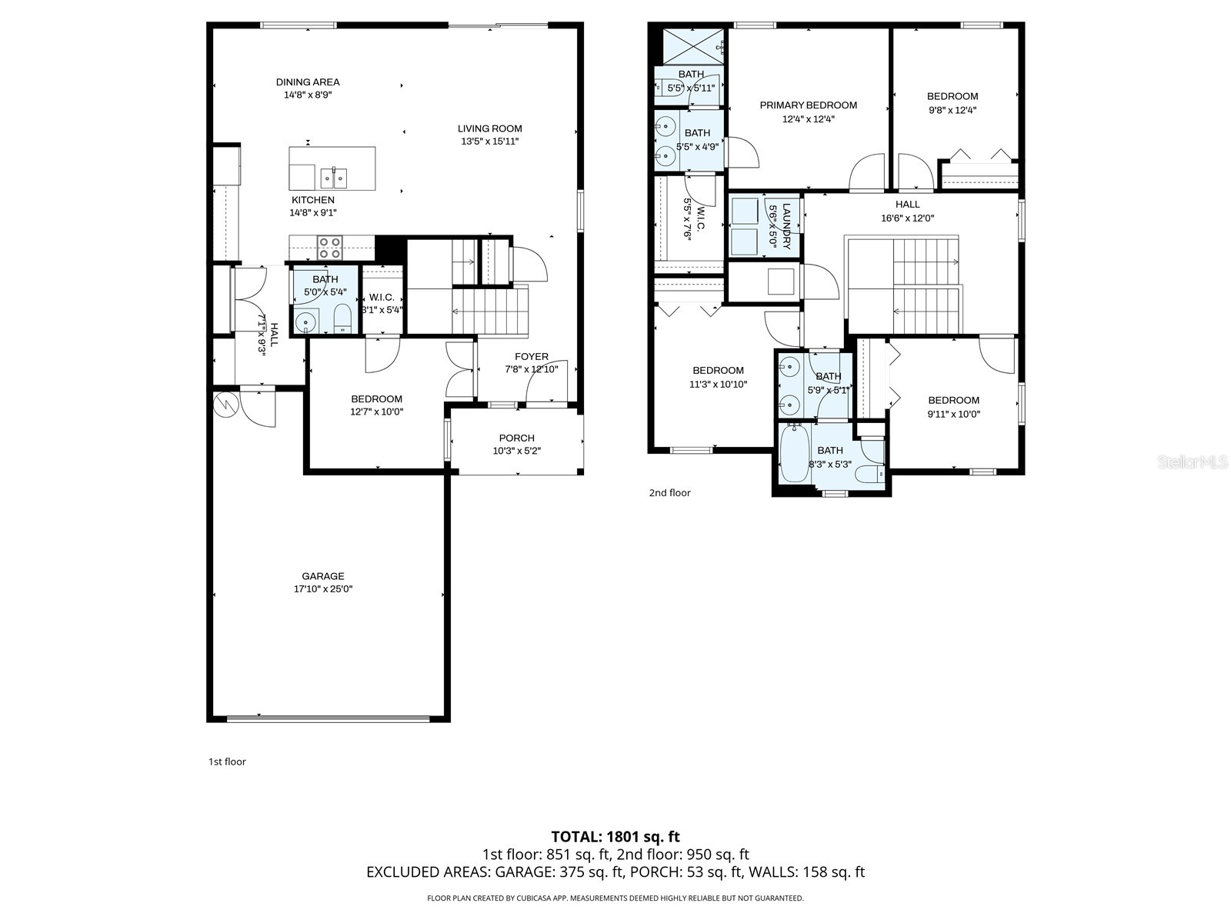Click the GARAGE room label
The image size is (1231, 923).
[322, 576]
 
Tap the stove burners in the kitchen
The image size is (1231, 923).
[330, 248]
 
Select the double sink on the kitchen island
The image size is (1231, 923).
[333, 178]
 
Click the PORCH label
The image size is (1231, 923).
[516, 438]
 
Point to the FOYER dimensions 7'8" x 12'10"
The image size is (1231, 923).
[531, 369]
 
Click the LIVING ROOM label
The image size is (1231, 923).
[489, 128]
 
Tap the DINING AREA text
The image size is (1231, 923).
[308, 82]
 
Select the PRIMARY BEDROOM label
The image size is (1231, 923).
[808, 105]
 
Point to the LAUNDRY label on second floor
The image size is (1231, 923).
[786, 226]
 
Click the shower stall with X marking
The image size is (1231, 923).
[694, 45]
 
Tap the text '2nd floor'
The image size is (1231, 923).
[669, 493]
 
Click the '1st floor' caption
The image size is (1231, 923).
[227, 761]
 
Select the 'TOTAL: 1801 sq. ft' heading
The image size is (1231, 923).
[615, 836]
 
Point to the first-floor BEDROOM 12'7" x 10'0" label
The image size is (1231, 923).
[376, 399]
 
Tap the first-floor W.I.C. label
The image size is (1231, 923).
[382, 298]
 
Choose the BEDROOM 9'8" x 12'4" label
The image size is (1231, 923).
[952, 96]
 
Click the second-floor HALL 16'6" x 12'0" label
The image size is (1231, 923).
[907, 205]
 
